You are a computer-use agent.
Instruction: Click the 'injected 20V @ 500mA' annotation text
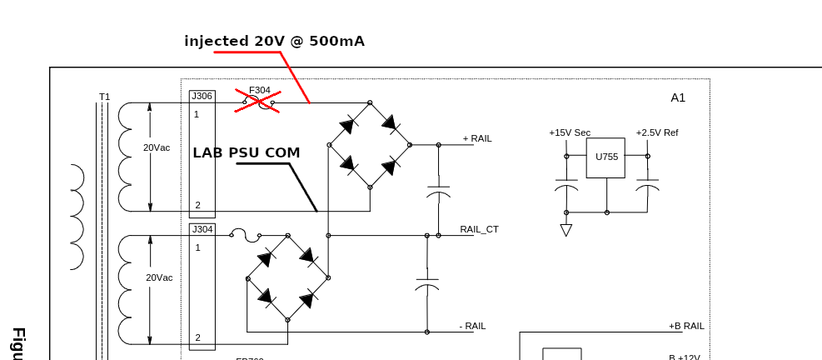(274, 41)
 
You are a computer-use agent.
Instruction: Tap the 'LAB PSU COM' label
(246, 152)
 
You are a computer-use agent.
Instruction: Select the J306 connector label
(202, 96)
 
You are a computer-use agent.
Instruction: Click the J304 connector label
(202, 229)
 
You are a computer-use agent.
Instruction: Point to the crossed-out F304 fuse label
(259, 90)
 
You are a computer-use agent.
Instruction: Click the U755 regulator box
(606, 157)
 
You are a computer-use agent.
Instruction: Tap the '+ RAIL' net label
(477, 138)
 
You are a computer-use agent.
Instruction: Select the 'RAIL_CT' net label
(479, 229)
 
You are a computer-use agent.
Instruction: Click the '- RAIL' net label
(472, 326)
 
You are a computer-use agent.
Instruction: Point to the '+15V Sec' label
(570, 132)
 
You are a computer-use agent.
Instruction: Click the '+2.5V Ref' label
(657, 132)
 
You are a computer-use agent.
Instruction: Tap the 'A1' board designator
(678, 97)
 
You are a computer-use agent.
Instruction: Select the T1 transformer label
(104, 97)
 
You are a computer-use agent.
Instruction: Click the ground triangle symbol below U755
(566, 230)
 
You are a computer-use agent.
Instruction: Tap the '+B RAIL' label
(686, 326)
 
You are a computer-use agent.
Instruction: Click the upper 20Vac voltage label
(157, 147)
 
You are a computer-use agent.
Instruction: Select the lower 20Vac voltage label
(159, 277)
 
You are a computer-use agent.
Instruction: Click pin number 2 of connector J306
(197, 205)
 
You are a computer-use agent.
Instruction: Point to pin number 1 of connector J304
(197, 247)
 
